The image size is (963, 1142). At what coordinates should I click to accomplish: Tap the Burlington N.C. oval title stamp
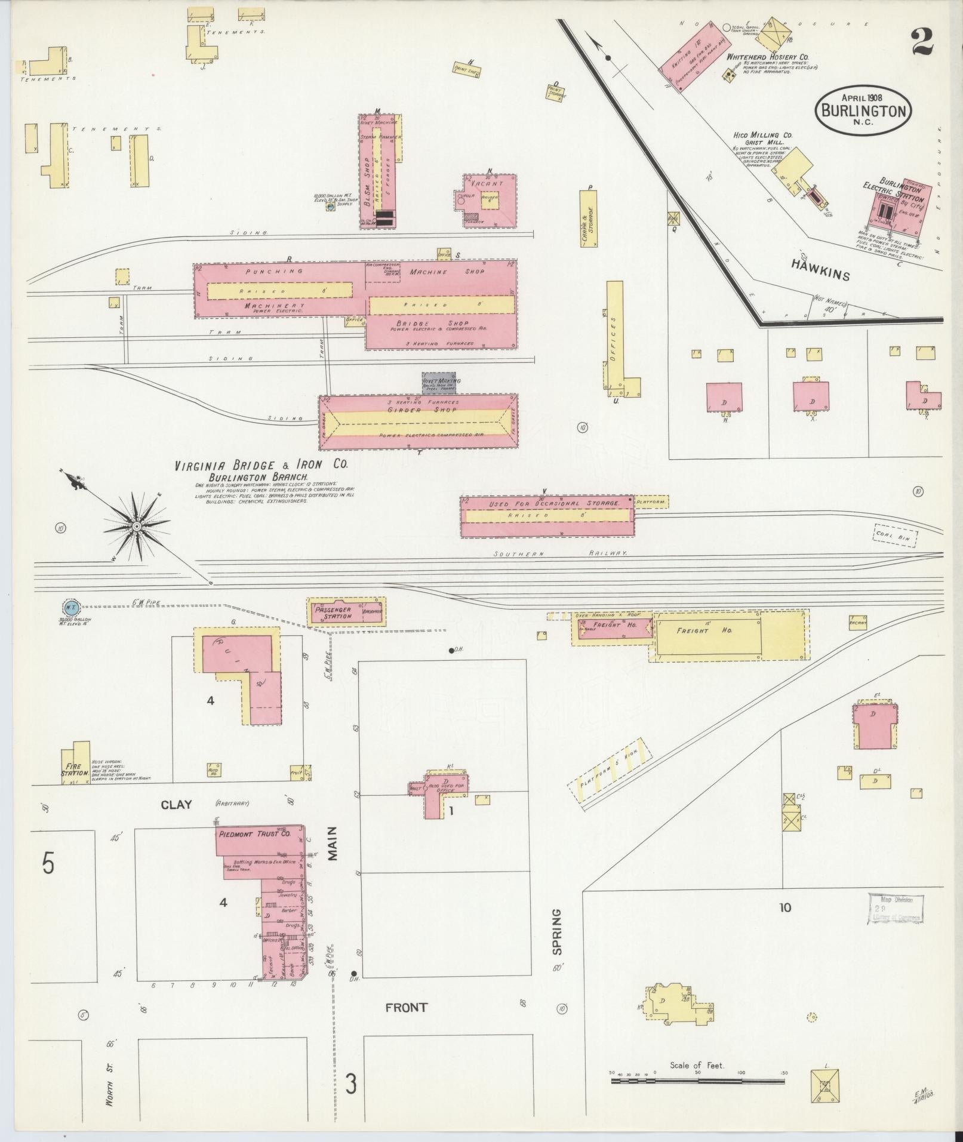(864, 110)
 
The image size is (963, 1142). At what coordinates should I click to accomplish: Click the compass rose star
(137, 526)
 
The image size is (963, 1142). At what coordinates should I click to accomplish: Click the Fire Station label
(75, 769)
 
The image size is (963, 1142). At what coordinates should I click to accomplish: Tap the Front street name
(406, 1007)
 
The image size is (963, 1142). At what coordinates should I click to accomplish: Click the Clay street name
(176, 805)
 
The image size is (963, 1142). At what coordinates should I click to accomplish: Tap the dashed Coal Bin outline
(895, 535)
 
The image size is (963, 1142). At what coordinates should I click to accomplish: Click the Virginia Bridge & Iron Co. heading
(260, 466)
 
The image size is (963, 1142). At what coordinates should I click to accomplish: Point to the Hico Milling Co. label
(762, 136)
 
